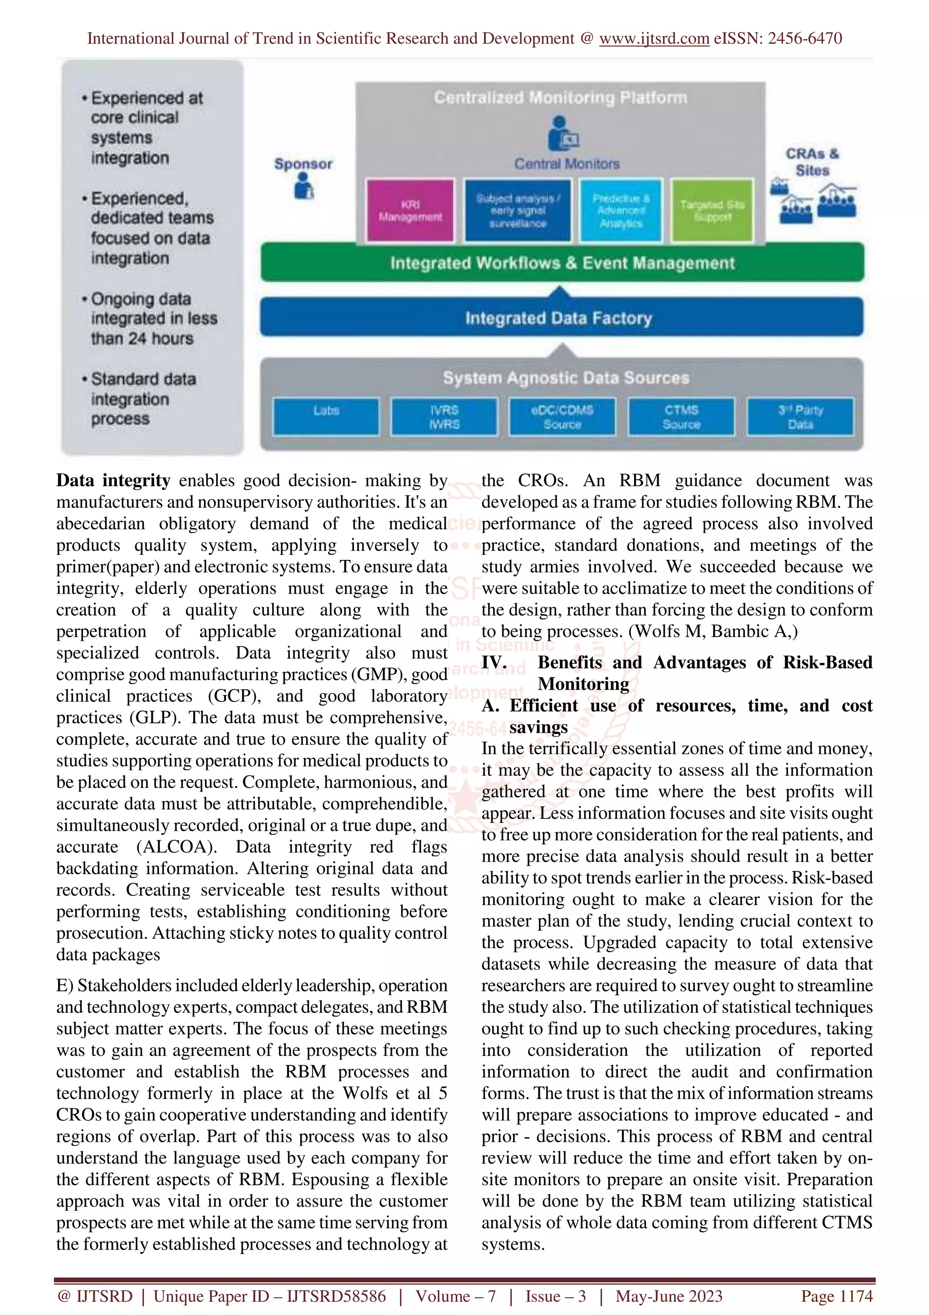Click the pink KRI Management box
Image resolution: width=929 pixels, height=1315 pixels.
pos(410,210)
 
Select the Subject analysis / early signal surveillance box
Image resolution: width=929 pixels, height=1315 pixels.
pos(518,210)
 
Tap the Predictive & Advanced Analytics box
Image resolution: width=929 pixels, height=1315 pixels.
pos(621,210)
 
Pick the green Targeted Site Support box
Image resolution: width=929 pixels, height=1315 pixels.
pos(712,210)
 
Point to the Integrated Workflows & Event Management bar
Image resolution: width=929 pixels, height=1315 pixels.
pos(562,263)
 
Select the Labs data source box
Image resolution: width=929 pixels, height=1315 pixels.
pos(326,417)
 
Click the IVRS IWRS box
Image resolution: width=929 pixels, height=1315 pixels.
pos(444,417)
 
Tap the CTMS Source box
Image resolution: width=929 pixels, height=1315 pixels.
pos(681,417)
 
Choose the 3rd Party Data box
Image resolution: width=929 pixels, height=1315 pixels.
pos(800,417)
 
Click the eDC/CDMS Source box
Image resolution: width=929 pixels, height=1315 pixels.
pos(562,417)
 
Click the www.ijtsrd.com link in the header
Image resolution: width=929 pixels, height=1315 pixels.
pos(654,39)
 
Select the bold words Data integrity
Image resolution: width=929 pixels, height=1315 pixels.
pos(113,480)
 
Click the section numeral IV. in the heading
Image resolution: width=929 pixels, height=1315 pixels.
pos(494,662)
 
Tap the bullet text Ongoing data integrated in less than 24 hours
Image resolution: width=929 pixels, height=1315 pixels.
pos(153,319)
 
